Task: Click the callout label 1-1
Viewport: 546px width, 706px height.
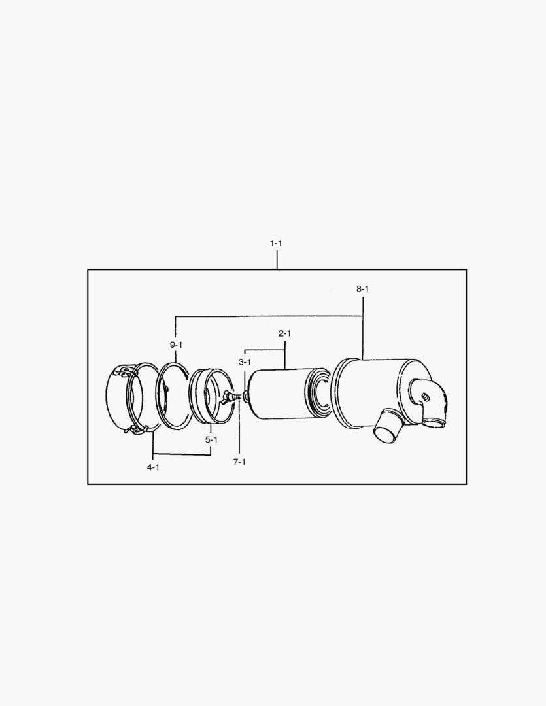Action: click(x=276, y=243)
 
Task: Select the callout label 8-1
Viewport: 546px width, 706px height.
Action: click(x=363, y=288)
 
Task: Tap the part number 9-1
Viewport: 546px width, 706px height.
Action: click(x=176, y=345)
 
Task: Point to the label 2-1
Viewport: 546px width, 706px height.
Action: click(x=284, y=333)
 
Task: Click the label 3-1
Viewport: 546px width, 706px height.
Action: click(x=245, y=361)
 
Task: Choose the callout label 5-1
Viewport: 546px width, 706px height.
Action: click(x=211, y=440)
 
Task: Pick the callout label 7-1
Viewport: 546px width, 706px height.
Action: click(x=239, y=462)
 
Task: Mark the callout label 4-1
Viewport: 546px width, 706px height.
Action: click(x=153, y=467)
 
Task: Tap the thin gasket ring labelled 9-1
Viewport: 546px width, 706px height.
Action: click(x=172, y=395)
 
